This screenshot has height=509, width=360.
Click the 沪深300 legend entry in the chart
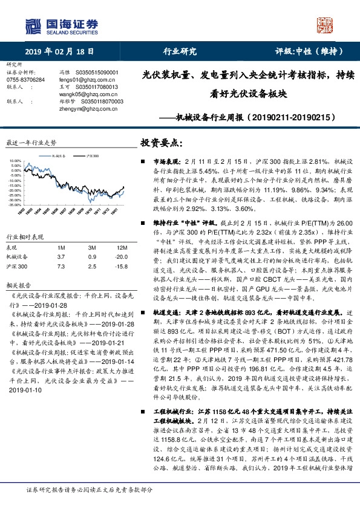coord(91,156)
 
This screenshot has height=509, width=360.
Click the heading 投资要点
coord(161,143)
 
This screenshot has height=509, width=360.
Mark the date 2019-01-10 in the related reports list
coord(24,391)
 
